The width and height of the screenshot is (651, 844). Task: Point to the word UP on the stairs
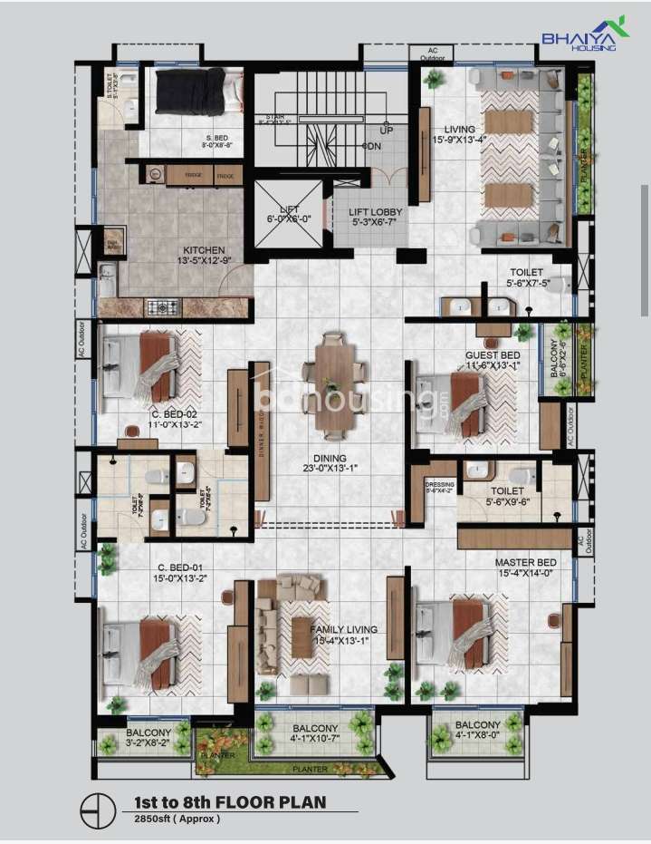click(x=387, y=131)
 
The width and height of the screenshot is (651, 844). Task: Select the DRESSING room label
click(x=439, y=488)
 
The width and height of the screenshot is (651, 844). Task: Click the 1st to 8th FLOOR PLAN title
click(x=229, y=801)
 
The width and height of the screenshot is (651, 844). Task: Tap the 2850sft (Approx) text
click(x=177, y=819)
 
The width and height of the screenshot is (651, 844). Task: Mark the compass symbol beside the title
click(x=94, y=809)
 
